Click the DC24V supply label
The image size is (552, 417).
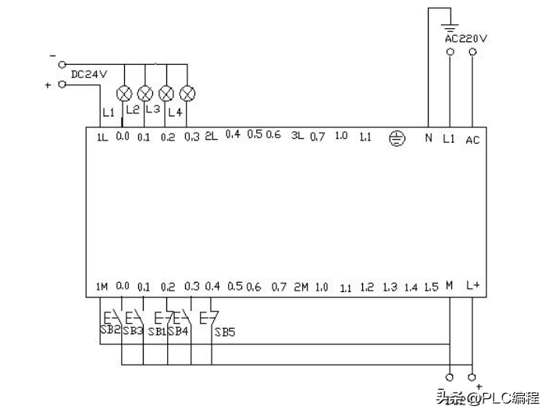tap(87, 74)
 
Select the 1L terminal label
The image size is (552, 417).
tap(101, 137)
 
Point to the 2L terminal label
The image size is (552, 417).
tap(211, 137)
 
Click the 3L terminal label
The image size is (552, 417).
tap(297, 137)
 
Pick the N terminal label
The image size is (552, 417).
tap(428, 139)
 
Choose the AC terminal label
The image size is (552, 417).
tap(472, 140)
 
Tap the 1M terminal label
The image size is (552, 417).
tap(101, 287)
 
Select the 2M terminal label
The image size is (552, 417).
tap(301, 287)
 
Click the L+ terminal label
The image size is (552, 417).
tap(472, 286)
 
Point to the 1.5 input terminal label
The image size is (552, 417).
tap(430, 287)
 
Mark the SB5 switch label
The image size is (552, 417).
tap(225, 331)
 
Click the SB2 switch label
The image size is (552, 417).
tap(109, 330)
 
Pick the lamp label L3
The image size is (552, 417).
tap(152, 109)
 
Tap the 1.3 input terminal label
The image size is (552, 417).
tap(390, 287)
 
